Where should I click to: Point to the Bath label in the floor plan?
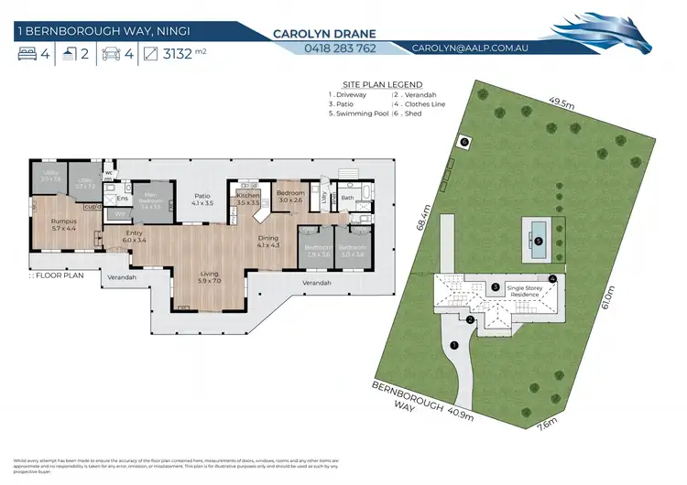(x=348, y=197)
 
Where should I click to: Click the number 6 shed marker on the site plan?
(x=463, y=143)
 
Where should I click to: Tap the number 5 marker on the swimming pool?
(x=539, y=242)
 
